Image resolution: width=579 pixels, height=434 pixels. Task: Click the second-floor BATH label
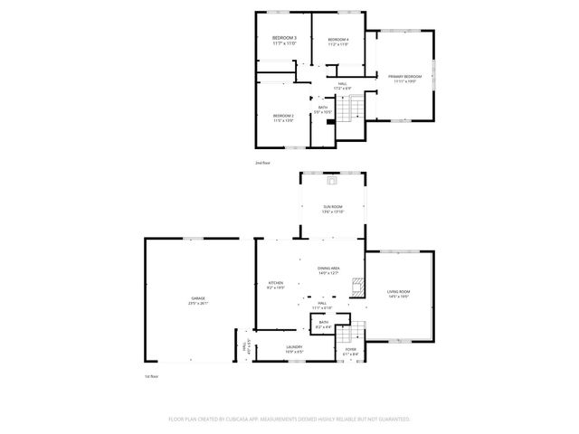[323, 108]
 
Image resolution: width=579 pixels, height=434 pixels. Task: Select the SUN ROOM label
[333, 209]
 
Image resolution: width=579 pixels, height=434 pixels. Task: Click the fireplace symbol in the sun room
[333, 180]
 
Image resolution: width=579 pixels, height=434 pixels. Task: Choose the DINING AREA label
[328, 270]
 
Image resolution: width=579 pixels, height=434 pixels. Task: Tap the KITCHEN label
[276, 285]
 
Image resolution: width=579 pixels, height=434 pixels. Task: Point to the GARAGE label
[197, 301]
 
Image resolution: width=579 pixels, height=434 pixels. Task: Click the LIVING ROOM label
[399, 293]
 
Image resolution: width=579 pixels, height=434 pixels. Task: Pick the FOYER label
[351, 350]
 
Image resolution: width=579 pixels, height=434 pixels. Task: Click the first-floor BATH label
[324, 324]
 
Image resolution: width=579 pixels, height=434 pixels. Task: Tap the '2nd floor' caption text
[263, 163]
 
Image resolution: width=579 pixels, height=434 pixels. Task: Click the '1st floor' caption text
[152, 375]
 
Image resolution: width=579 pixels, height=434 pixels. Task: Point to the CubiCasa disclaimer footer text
[289, 420]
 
